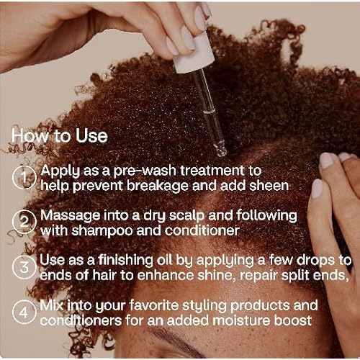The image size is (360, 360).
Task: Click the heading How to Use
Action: click(60, 136)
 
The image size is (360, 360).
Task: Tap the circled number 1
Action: click(25, 176)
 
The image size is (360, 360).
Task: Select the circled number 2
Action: click(25, 222)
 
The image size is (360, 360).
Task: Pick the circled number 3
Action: click(25, 267)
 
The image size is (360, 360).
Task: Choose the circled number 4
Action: click(25, 312)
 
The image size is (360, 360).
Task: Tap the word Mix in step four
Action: click(53, 305)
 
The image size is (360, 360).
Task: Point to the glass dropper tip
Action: click(221, 150)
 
